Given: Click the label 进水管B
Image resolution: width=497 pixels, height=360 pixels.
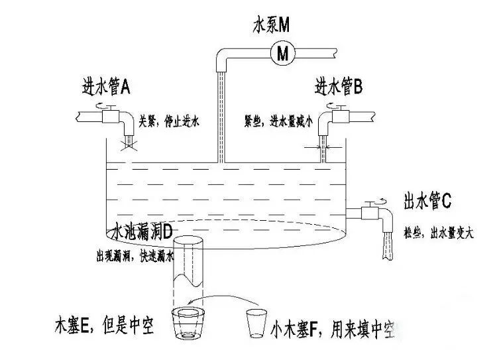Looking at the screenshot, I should (338, 87).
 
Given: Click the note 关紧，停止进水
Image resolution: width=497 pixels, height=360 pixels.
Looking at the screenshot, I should (169, 121).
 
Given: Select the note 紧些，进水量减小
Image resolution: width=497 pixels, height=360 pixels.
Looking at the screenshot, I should (274, 121).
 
